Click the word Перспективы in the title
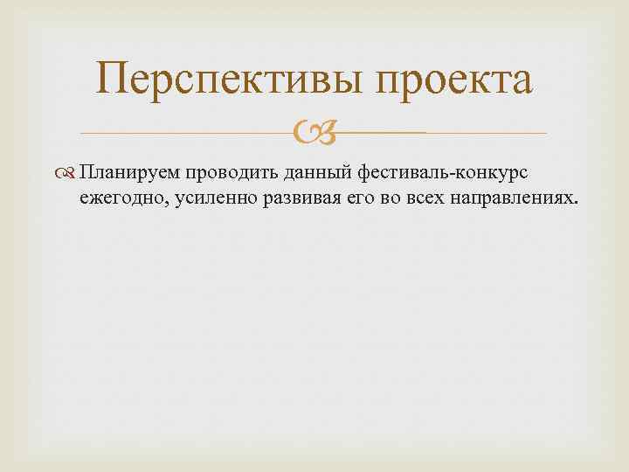click(228, 81)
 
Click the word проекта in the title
click(453, 81)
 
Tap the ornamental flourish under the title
click(314, 134)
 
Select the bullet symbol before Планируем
click(68, 171)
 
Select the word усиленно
click(202, 196)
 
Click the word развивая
click(285, 196)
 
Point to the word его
click(338, 196)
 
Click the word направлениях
click(499, 196)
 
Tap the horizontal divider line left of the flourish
click(183, 133)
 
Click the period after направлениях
click(576, 200)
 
